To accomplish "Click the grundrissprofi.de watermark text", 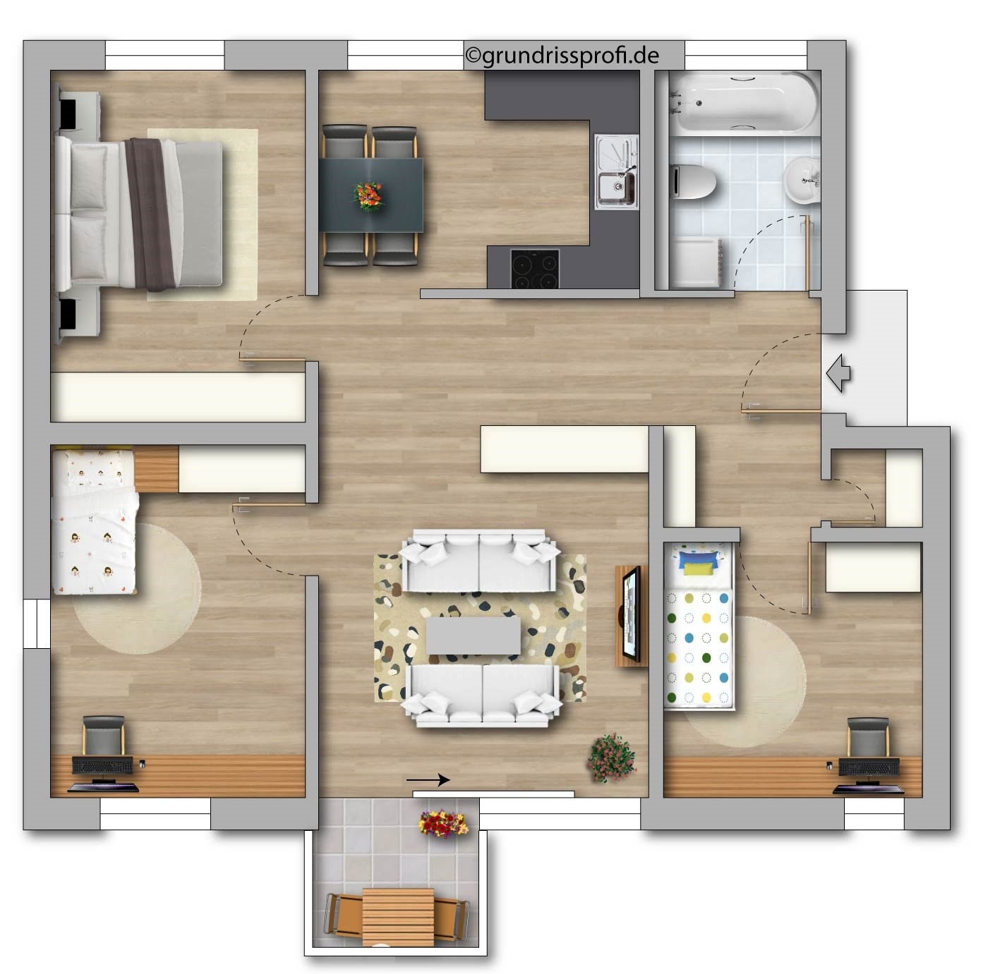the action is (562, 56).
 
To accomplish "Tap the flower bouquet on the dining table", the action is (368, 195).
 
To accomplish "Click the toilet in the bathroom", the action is (693, 181).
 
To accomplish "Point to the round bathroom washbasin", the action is (801, 181).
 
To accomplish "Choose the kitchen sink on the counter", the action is (616, 172).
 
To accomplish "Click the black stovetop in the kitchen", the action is (534, 269).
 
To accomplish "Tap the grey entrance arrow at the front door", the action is (838, 373).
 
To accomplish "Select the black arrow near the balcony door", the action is (428, 780).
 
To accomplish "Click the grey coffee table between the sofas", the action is (473, 635).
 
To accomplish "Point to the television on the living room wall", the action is (632, 614).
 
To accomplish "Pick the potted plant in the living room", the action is (612, 758).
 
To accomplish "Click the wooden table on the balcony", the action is (398, 918).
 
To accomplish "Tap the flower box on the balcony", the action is (443, 823).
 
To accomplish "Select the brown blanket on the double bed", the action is (151, 214).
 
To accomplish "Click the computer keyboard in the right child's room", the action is (869, 767).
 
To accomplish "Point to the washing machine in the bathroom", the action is (697, 263).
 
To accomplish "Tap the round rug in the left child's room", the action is (137, 589).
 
